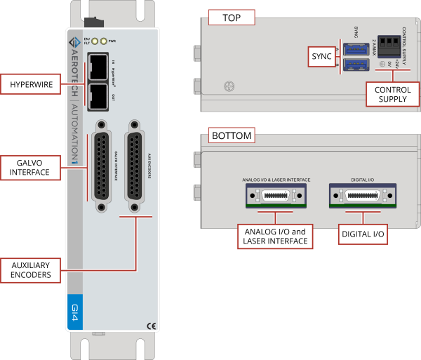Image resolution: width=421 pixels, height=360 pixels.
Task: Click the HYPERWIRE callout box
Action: coord(30,86)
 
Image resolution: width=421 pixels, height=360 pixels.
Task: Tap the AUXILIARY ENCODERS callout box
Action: coord(30,270)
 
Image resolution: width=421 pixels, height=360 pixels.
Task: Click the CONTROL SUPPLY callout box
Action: coord(392,94)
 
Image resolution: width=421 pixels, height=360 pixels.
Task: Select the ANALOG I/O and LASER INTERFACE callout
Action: coord(275,236)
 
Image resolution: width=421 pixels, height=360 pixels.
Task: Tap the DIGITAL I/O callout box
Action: coord(362,233)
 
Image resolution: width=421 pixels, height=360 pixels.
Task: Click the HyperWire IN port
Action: coord(99,68)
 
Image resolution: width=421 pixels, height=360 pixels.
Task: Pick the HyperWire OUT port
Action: coord(99,96)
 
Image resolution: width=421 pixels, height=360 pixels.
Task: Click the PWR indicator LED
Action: coord(104,41)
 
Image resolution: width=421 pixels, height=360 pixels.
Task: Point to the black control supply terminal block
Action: coord(390,46)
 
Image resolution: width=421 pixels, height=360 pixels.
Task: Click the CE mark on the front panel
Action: coord(150,324)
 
